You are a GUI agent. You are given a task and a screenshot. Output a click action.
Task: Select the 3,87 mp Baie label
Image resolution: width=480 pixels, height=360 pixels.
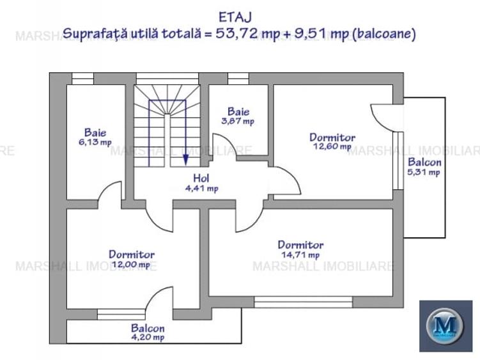(x=238, y=115)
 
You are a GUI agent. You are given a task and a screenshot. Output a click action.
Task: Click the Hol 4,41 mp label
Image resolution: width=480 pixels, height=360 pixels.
(x=201, y=183)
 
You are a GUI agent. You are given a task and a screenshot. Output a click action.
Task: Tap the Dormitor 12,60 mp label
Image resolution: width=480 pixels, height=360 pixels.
(x=332, y=141)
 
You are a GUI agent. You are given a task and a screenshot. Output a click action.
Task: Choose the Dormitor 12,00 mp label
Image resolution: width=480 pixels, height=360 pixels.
(x=131, y=259)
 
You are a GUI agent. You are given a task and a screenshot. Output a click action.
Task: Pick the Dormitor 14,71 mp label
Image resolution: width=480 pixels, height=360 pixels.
(x=300, y=249)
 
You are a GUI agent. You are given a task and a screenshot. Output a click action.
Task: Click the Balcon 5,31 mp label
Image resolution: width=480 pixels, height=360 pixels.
(x=424, y=167)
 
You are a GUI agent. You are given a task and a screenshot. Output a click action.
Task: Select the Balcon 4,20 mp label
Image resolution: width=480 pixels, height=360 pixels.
(x=148, y=332)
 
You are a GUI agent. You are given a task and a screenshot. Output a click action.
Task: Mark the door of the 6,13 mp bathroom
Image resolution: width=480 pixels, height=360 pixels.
(x=111, y=193)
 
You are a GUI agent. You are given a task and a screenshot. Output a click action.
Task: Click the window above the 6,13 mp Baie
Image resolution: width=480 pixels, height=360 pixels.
(x=82, y=79)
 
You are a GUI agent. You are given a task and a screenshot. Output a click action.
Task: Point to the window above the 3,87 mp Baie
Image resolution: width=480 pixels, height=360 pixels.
(x=238, y=79)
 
